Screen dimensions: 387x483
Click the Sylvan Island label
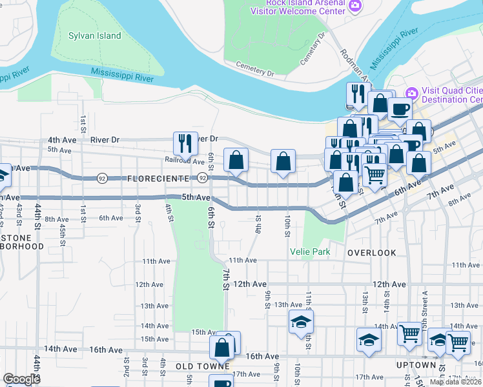[x=95, y=35]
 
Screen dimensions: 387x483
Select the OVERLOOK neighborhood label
[x=372, y=253]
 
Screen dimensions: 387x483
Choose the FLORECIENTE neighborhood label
[x=159, y=178]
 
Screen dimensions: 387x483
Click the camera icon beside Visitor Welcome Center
[x=355, y=6]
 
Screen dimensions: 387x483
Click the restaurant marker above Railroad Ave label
[x=185, y=144]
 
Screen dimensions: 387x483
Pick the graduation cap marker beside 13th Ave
[x=300, y=322]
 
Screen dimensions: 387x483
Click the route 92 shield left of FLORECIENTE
[x=102, y=178]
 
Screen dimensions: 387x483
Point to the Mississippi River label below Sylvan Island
[x=122, y=75]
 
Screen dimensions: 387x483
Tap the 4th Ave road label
[x=62, y=139]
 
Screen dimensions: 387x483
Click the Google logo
[x=21, y=379]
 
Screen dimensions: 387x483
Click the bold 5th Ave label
[x=196, y=197]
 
